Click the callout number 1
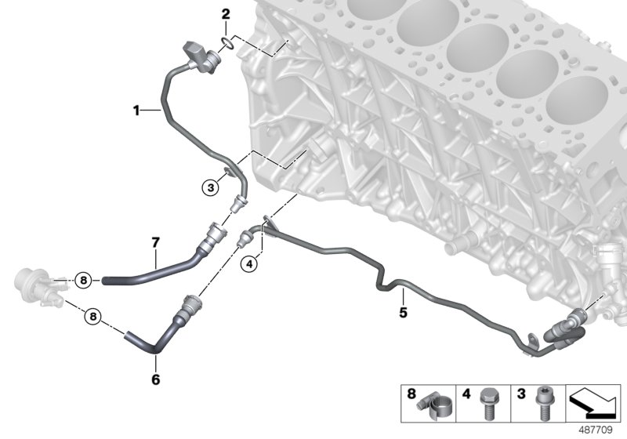136,111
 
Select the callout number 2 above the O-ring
226,14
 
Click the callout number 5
403,313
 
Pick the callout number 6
154,379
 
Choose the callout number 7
155,244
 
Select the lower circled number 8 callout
93,317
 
